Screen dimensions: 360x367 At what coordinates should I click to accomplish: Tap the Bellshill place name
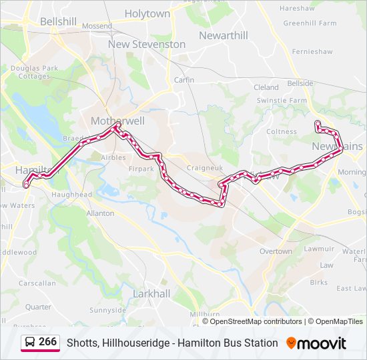(58, 21)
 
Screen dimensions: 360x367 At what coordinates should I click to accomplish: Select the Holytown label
(147, 13)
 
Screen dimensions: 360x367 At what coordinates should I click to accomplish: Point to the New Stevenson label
(147, 44)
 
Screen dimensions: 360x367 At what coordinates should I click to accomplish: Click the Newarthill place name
(223, 35)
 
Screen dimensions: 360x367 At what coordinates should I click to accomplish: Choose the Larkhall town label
(151, 293)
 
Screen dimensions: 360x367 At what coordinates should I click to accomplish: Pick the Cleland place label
(266, 87)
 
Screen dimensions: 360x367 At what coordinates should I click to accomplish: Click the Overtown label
(276, 251)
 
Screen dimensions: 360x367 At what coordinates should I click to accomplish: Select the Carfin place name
(184, 80)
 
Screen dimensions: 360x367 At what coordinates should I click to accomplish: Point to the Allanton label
(100, 213)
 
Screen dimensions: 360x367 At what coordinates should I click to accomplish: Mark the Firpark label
(141, 169)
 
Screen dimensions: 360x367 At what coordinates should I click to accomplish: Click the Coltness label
(282, 131)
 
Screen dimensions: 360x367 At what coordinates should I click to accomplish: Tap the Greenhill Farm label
(310, 23)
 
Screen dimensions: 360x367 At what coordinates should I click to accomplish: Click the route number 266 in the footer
(47, 342)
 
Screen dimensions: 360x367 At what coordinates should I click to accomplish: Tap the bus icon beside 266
(30, 343)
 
